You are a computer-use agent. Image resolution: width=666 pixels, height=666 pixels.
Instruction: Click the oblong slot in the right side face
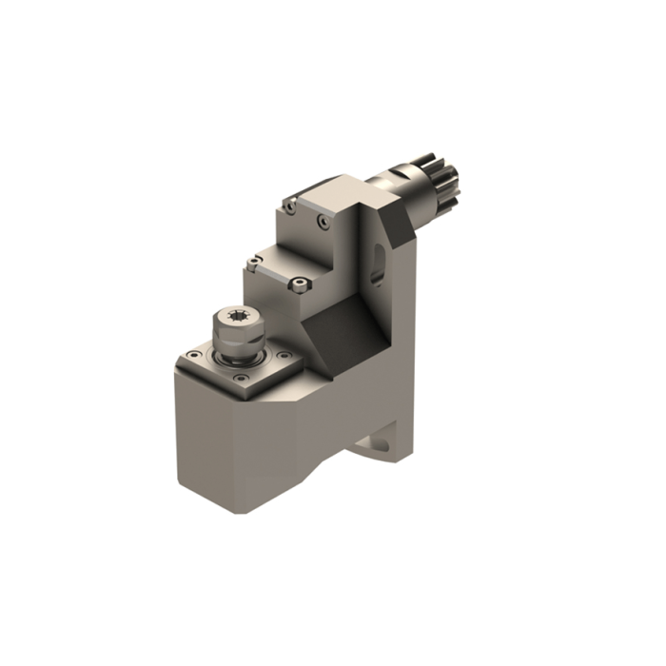(x=378, y=263)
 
